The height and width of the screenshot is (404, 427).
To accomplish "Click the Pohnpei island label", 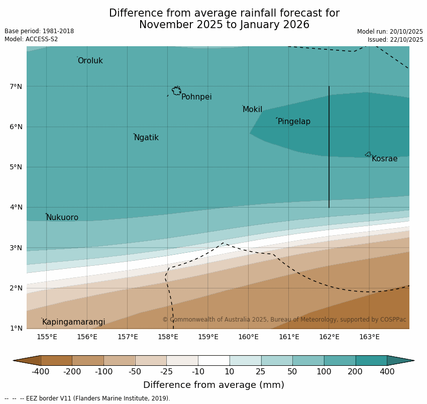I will [x=196, y=97].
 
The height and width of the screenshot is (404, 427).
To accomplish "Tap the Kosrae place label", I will [x=384, y=159].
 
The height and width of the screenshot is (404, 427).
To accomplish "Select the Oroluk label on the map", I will [x=90, y=61].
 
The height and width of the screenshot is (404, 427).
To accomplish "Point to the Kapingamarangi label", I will [x=74, y=322].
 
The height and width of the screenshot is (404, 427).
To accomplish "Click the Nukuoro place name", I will [x=62, y=218].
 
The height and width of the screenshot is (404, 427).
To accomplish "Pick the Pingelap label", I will [x=294, y=122].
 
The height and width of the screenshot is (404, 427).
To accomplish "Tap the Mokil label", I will [x=252, y=110].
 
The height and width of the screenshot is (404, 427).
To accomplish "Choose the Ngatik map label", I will [x=146, y=138].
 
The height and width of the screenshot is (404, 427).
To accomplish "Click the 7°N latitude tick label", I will [x=16, y=86].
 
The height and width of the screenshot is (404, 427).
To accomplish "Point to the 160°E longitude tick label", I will [x=248, y=337].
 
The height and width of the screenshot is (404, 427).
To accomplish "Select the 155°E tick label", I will [x=47, y=337].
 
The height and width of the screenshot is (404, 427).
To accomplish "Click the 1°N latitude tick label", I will [x=16, y=328].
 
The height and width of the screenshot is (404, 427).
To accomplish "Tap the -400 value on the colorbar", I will [x=41, y=372].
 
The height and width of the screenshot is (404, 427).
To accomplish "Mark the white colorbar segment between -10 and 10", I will [x=213, y=360].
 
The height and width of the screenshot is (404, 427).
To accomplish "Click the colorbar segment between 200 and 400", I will [x=371, y=360].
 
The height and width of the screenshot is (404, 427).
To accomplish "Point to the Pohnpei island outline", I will [x=176, y=91].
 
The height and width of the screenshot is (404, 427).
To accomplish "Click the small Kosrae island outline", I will [x=368, y=154].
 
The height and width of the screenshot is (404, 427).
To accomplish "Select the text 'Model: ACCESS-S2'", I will [x=31, y=39].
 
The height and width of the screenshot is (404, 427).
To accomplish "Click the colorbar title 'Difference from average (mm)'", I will [x=213, y=385].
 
